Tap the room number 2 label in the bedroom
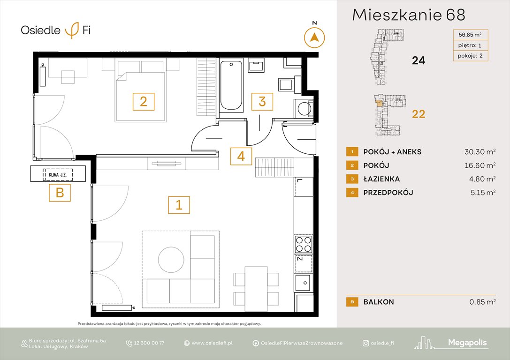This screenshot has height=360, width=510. pos(144,101)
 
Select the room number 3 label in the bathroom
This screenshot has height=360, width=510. pos(262,101)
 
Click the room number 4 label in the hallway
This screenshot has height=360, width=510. pos(241,156)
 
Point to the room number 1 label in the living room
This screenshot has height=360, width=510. pos(179,205)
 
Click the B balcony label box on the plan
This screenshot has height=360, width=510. pos(60,193)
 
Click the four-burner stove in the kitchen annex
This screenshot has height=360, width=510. pos(303,244)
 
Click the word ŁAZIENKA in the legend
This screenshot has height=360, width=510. pos(381,179)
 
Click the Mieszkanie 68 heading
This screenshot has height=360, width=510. pos(408,15)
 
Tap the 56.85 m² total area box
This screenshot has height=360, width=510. pos(470,35)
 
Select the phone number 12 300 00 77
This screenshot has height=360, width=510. pos(148,343)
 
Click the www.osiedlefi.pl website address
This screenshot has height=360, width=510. pos(212,343)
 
